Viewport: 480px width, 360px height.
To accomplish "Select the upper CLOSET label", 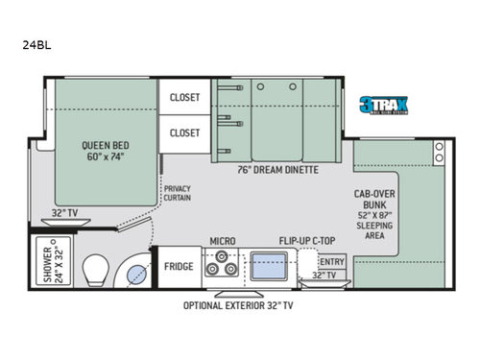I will click(184, 97).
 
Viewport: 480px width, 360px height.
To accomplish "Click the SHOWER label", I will click(48, 254).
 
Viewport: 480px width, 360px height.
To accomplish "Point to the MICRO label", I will click(223, 242).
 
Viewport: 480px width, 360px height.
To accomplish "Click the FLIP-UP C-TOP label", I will click(307, 242).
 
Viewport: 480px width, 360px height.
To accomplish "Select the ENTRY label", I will click(331, 261).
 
